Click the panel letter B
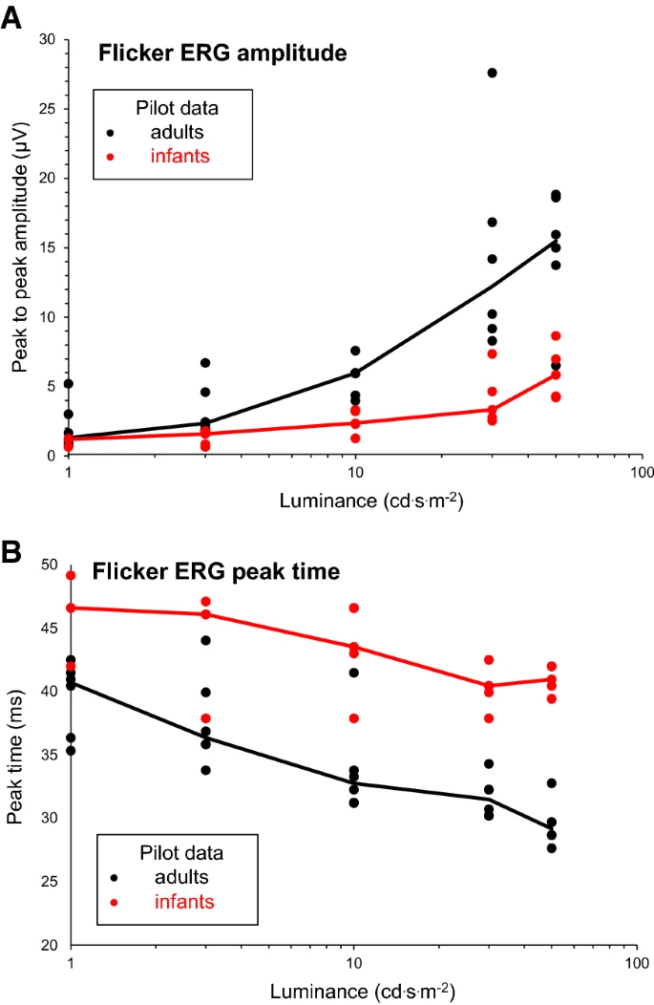(x=12, y=553)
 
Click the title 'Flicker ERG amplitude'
(x=222, y=54)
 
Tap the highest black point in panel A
(x=492, y=73)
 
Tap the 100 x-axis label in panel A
(x=642, y=474)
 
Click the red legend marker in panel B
(x=116, y=900)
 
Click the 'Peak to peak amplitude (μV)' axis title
(x=19, y=246)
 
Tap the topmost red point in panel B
(x=70, y=575)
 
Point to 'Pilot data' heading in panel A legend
(x=173, y=107)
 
